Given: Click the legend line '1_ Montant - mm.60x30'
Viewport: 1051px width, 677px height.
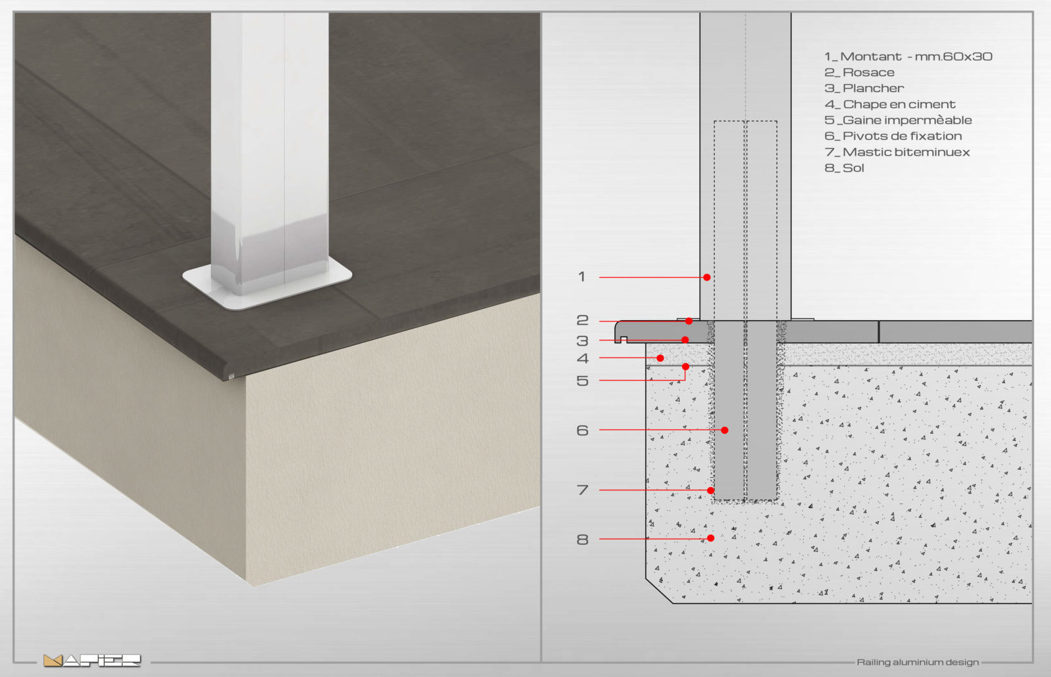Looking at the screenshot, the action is [908, 57].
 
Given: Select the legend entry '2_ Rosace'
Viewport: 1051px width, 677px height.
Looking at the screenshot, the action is [859, 72].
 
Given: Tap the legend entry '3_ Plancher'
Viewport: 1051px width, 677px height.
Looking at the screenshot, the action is [864, 88].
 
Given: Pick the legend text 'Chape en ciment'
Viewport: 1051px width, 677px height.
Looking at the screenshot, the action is [899, 105].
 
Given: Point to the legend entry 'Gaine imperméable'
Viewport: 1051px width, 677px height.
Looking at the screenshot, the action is [907, 120].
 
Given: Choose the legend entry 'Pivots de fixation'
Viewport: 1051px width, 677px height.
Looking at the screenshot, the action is [903, 136].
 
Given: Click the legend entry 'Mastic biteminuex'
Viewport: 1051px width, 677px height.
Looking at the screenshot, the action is [906, 152].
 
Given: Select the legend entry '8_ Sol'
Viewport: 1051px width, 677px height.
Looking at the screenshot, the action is [844, 168].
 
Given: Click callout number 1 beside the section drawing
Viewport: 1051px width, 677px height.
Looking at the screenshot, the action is [582, 277].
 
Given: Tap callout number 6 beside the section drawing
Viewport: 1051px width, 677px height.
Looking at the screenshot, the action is [582, 431].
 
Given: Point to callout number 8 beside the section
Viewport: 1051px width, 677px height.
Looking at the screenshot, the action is [582, 540].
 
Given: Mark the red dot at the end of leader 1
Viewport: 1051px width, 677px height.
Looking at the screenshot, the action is [707, 277].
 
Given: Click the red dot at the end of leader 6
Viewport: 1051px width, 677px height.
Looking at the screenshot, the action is [725, 430].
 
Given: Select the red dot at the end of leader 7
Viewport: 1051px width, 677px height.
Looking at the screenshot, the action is [710, 490].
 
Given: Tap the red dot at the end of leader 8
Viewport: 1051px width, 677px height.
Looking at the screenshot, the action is [710, 538].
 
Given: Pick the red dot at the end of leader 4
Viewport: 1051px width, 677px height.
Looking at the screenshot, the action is [660, 358].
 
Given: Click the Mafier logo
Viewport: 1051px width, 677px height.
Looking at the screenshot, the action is [92, 661].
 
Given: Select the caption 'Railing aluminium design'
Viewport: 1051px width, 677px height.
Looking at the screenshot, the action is [918, 663].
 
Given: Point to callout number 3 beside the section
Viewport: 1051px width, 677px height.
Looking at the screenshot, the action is [582, 341].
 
